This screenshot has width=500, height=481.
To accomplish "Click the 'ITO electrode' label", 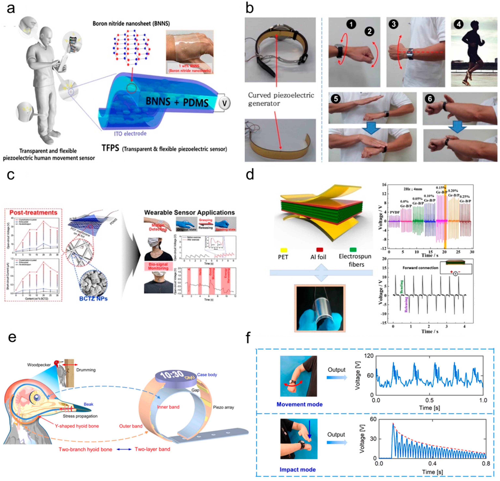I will (130, 133).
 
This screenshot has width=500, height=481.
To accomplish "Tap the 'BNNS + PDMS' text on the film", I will (177, 102).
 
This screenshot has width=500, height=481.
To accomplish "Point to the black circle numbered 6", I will (430, 98).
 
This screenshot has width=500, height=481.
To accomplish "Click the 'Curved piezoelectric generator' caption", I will (281, 99).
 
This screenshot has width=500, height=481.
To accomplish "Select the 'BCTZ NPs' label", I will (93, 298).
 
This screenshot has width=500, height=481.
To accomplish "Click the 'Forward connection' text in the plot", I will (420, 268).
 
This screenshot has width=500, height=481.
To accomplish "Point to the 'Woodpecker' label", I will (39, 365).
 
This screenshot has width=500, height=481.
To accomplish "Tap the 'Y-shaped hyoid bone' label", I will (77, 426).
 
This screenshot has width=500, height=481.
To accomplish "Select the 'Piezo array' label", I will (223, 407).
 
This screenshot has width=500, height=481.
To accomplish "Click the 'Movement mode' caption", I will (300, 404).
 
